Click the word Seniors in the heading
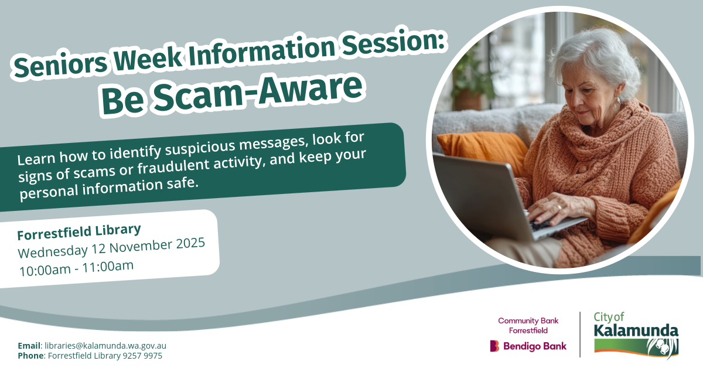point(60,65)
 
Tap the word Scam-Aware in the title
point(257,90)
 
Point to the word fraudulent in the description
point(173,165)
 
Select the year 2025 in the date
point(190,244)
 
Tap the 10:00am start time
point(45,270)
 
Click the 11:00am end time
point(108,266)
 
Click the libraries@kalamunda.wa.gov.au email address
point(105,346)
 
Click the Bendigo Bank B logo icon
point(494,346)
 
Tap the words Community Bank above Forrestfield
point(528,321)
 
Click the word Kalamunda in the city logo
point(636,330)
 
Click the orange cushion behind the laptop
point(483,151)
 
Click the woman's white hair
point(596,60)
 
